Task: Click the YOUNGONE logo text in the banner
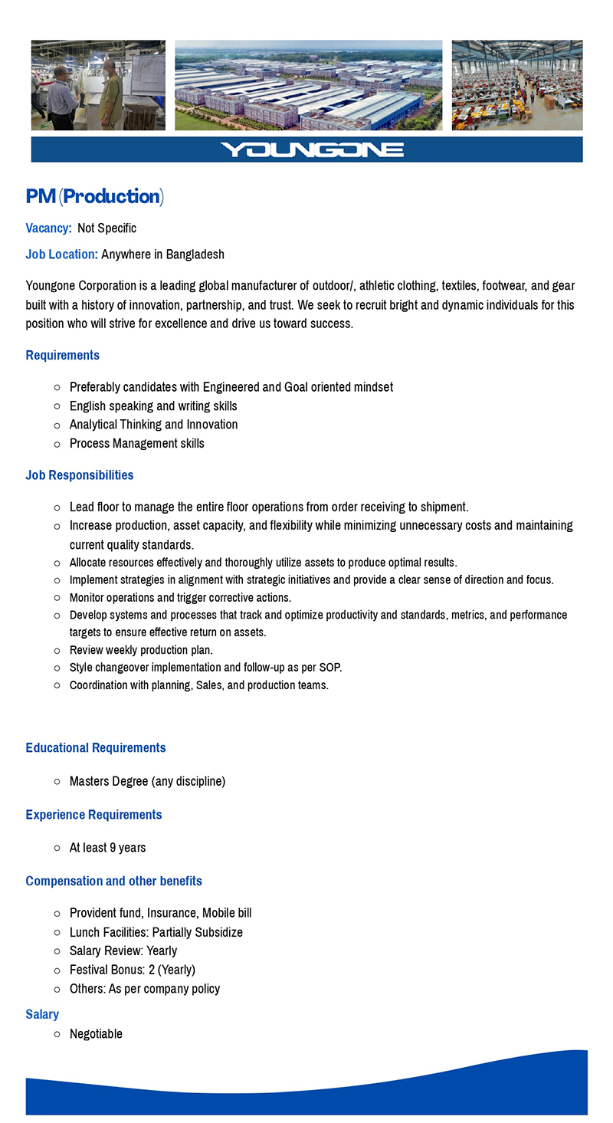pyautogui.click(x=311, y=149)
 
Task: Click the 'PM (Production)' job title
pyautogui.click(x=94, y=196)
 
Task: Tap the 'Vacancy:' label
pyautogui.click(x=48, y=228)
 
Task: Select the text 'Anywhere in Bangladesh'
pyautogui.click(x=162, y=254)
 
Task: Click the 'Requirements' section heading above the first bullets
pyautogui.click(x=62, y=355)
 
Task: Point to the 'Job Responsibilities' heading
pyautogui.click(x=79, y=474)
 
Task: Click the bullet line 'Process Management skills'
pyautogui.click(x=136, y=443)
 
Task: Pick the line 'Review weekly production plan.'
pyautogui.click(x=141, y=650)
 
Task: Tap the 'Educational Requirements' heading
pyautogui.click(x=95, y=747)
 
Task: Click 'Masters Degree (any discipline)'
pyautogui.click(x=147, y=781)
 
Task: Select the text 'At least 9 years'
pyautogui.click(x=107, y=847)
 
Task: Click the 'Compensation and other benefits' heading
pyautogui.click(x=113, y=881)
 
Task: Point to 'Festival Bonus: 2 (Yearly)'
pyautogui.click(x=132, y=969)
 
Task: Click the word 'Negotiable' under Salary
pyautogui.click(x=96, y=1033)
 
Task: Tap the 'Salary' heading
pyautogui.click(x=42, y=1014)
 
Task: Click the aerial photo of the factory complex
pyautogui.click(x=308, y=85)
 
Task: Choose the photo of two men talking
pyautogui.click(x=98, y=85)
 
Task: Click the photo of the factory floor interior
pyautogui.click(x=516, y=85)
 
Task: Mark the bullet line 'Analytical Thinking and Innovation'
pyautogui.click(x=153, y=424)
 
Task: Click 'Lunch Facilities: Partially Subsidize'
pyautogui.click(x=156, y=932)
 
